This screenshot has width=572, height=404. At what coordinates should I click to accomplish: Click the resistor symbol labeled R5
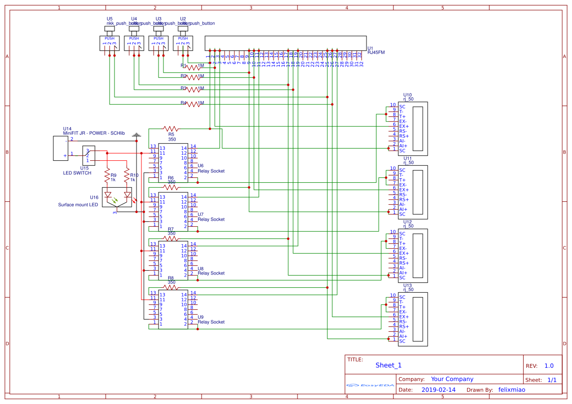point(171,128)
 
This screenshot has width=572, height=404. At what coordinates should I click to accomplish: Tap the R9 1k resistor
point(107,175)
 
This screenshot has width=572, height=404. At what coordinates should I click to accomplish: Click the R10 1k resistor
point(127,175)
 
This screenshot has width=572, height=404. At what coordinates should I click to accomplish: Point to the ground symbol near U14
point(137,135)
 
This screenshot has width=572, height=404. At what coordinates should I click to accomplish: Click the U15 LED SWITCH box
point(89,155)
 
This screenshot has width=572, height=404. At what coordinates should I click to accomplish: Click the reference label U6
point(201,166)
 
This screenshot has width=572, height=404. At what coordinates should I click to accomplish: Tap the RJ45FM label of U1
point(376,53)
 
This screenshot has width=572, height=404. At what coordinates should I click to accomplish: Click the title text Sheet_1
point(389,365)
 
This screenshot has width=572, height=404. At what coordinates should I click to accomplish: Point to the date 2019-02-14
point(438,390)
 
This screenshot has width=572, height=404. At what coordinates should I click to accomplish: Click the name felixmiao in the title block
point(512,390)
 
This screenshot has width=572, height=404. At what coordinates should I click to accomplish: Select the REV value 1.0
point(549,366)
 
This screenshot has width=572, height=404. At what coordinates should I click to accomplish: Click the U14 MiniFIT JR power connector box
point(61,148)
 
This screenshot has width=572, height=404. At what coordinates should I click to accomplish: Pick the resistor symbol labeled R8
point(171,288)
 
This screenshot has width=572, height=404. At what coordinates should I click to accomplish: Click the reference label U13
point(407,285)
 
